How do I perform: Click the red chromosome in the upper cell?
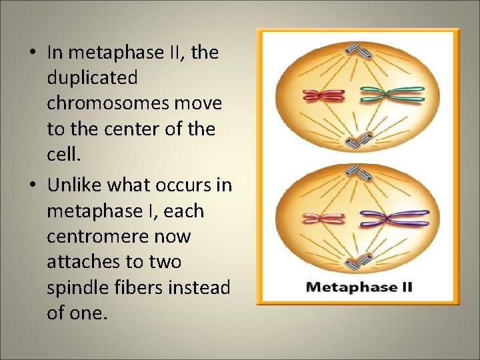pos(323,95)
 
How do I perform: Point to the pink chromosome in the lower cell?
pos(323,218)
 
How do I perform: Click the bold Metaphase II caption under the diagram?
pos(359,287)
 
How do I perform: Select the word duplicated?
pos(92,78)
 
